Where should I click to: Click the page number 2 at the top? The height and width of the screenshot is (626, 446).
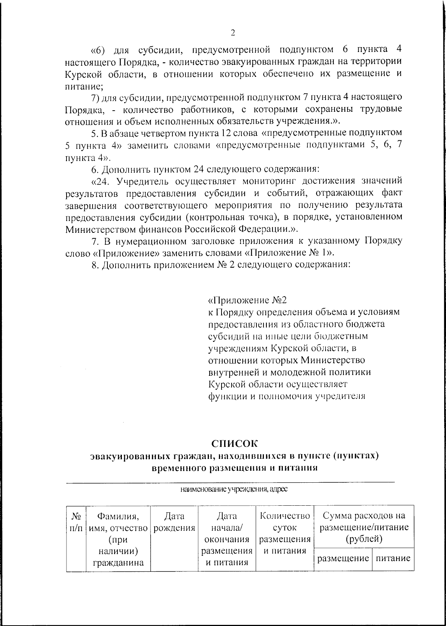pos(233,33)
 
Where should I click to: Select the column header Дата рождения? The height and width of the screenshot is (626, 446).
pos(174,522)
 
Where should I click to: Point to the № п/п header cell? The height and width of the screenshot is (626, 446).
pos(76,522)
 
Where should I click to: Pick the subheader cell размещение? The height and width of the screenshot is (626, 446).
pos(342,558)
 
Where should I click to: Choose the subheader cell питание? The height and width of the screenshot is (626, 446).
pos(393,558)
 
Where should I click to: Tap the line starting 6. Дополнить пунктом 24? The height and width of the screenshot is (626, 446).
pos(206,169)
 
